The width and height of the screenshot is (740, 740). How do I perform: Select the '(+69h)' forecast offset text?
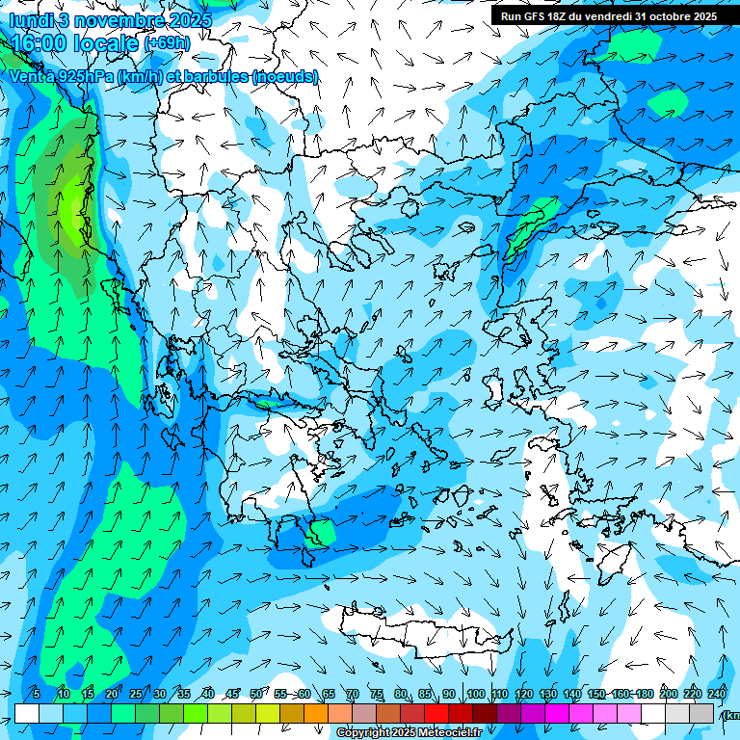point(168,43)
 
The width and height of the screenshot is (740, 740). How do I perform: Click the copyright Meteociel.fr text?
point(410,733)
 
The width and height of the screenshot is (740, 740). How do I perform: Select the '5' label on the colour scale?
point(37,694)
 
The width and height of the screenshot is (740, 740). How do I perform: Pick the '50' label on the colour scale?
point(256,694)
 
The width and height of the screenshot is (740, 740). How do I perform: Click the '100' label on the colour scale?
point(475,694)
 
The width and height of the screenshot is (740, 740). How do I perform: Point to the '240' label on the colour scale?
point(716,694)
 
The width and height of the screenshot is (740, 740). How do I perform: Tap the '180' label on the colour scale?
point(644,694)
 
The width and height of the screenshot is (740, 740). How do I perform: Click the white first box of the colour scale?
point(27,713)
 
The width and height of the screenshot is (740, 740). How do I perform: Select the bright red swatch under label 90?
point(436,713)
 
